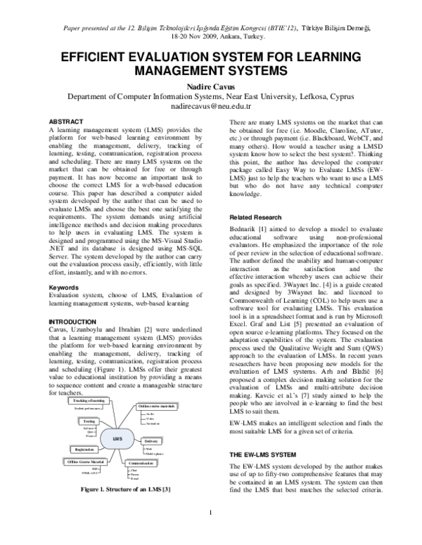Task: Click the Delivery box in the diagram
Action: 151,440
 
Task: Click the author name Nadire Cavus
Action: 210,85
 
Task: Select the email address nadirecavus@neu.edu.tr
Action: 210,107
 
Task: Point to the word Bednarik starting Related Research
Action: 246,211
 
